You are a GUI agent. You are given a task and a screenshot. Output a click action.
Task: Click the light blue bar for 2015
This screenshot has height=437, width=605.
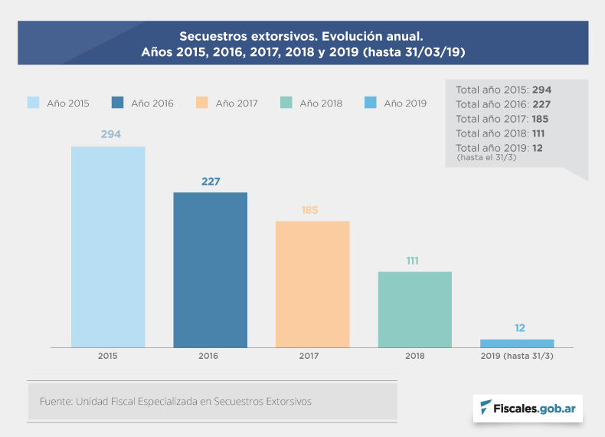point(108,247)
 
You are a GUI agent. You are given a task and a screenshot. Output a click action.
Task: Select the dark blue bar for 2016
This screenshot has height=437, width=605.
point(210,270)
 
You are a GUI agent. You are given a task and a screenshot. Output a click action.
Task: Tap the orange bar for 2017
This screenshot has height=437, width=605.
point(312,284)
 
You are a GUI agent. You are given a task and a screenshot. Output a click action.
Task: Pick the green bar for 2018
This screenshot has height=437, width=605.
point(414,310)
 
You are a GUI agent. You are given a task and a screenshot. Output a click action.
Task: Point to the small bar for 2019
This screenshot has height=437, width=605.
point(517,343)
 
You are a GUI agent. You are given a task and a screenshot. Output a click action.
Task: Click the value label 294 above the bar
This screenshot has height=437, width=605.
point(111,134)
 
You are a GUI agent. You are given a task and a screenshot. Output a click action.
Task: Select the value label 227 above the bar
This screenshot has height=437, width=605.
point(211,182)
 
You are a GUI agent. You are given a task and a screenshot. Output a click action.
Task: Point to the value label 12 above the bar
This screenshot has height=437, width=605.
point(520,328)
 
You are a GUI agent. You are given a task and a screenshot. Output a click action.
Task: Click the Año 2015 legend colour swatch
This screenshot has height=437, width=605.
point(34,103)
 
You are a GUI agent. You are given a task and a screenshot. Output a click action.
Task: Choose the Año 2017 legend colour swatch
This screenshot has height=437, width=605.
point(202,103)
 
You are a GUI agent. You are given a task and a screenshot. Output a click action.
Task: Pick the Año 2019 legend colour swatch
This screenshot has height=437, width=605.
point(371,103)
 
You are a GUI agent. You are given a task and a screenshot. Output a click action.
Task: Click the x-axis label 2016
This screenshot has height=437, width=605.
point(208,356)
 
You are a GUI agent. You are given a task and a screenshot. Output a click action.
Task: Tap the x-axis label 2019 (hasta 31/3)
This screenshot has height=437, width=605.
point(516,356)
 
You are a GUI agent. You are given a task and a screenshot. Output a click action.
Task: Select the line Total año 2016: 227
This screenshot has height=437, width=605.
point(503,104)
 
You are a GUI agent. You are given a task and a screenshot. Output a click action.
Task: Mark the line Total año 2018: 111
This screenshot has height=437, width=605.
point(499,133)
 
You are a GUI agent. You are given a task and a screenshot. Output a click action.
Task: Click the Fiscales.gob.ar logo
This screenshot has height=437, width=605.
point(528,408)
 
